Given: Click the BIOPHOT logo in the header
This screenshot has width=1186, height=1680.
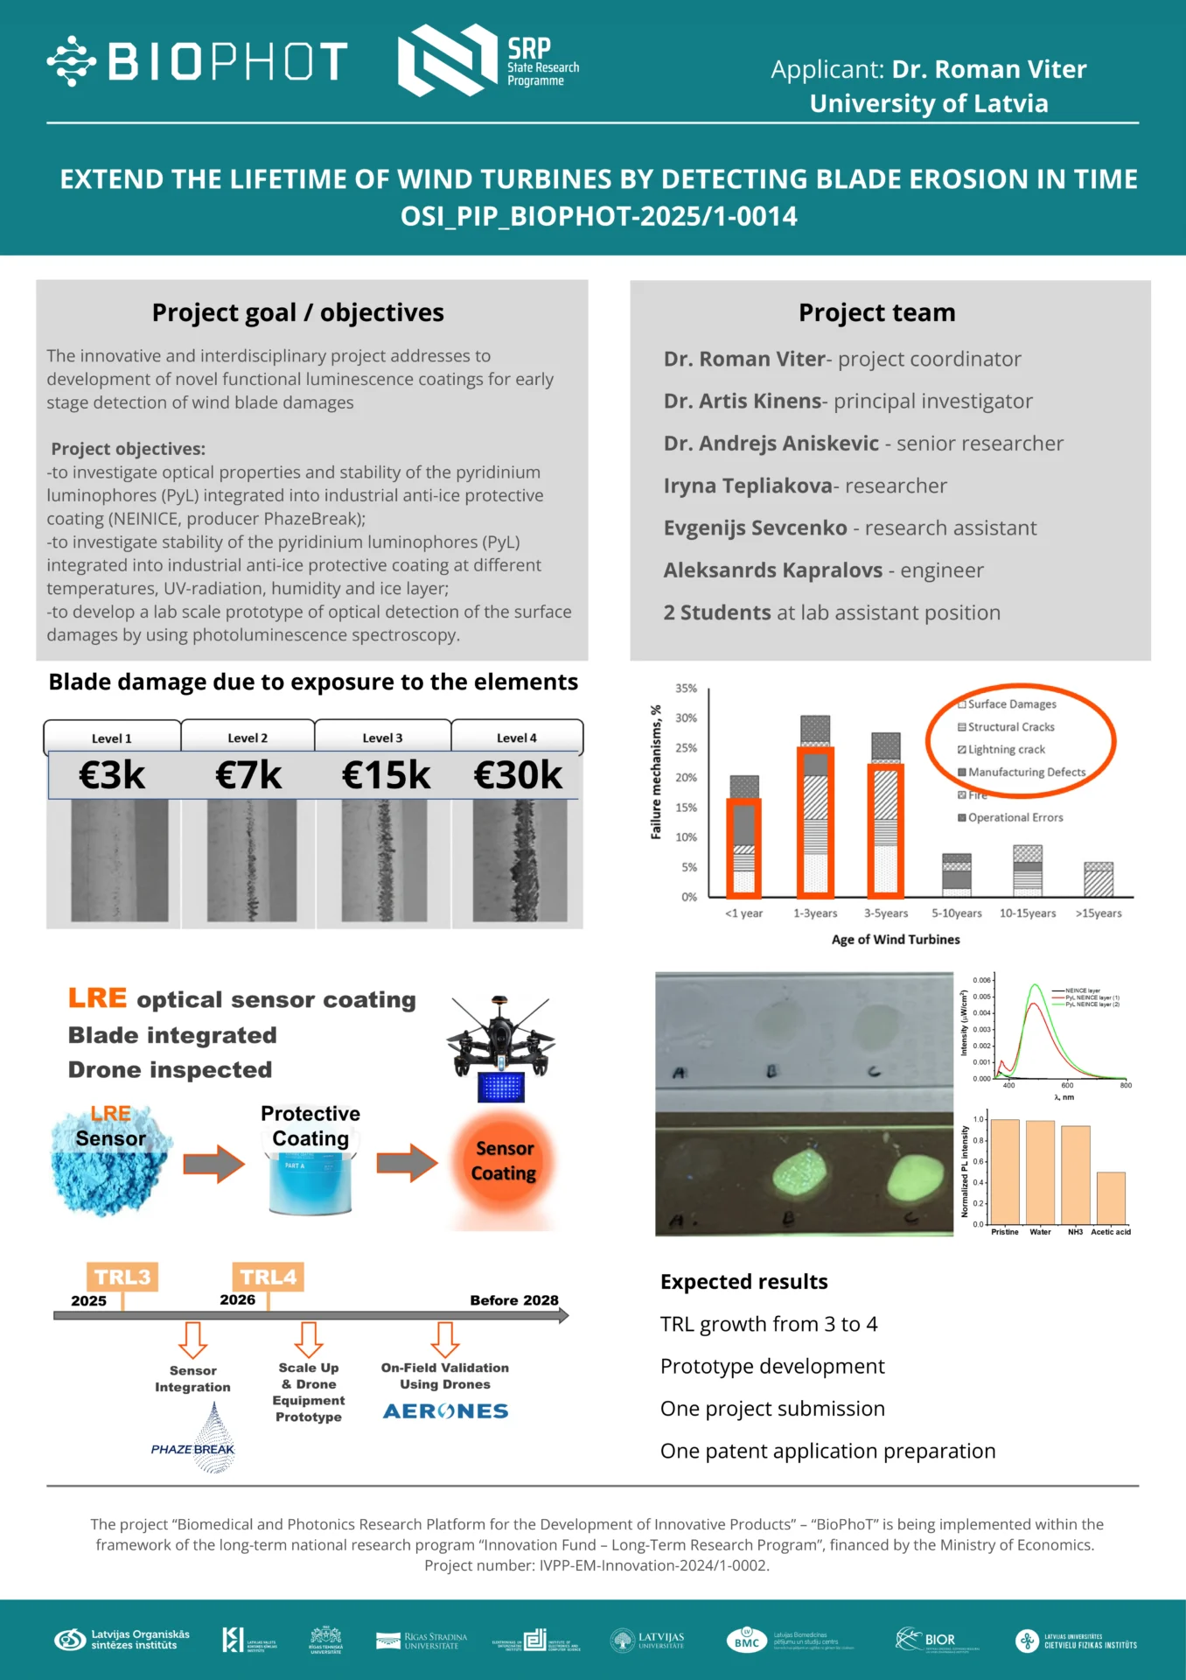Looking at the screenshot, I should pos(198,61).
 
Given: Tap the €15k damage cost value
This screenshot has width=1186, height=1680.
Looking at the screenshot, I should pos(386,775).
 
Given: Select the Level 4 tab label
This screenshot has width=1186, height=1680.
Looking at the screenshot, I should pos(516,738).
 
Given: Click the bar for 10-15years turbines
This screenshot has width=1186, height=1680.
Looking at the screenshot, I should pos(1028,871).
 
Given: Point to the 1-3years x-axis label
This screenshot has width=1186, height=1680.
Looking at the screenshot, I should pos(815,913).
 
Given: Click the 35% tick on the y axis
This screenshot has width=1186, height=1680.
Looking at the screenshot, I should pos(687,689).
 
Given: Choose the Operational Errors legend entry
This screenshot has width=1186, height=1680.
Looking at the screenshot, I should pos(1015,817).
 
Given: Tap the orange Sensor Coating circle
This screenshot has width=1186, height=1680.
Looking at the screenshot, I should pos(504,1161).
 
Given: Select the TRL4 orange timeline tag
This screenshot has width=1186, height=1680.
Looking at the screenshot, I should pos(268,1277).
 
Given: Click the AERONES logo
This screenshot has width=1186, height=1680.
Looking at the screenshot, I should pos(445,1411).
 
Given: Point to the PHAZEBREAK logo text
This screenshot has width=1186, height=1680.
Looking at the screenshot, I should pos(192,1449).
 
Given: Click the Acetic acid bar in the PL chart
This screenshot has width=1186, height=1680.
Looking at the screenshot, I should pos(1111,1198).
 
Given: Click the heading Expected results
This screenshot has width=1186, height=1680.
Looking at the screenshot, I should pos(743,1282).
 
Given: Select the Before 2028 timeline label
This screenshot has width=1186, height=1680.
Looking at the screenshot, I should pos(513,1300).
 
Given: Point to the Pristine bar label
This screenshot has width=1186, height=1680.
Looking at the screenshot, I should pos(1004,1232).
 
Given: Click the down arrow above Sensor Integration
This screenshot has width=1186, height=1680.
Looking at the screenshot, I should pos(192,1339).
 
